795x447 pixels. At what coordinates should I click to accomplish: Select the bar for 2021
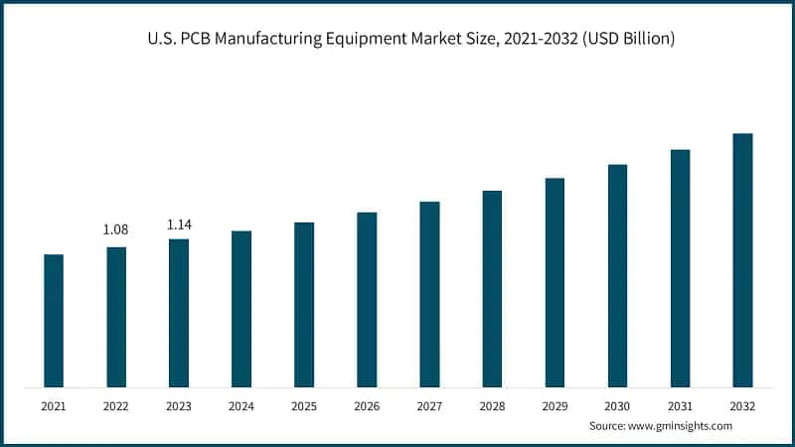tap(54, 320)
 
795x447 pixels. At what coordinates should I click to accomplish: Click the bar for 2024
tap(241, 308)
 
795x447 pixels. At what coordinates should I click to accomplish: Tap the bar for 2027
tap(429, 294)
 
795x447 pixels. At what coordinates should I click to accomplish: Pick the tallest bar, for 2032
tap(742, 259)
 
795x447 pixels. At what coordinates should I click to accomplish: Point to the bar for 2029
tap(555, 282)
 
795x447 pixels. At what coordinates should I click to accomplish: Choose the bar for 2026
tap(367, 299)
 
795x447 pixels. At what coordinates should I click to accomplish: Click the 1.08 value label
tap(116, 230)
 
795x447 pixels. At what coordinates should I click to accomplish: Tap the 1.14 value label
tap(179, 224)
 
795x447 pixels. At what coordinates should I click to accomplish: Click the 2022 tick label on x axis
tap(116, 406)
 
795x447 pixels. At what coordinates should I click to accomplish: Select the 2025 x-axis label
tap(304, 406)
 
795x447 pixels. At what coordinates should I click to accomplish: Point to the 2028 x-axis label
tap(492, 406)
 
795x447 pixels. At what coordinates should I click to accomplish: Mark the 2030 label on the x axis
tap(617, 406)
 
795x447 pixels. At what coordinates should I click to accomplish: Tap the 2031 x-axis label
tap(680, 406)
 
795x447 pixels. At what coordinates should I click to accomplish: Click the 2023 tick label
tap(179, 406)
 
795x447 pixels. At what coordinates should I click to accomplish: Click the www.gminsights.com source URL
tap(683, 425)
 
